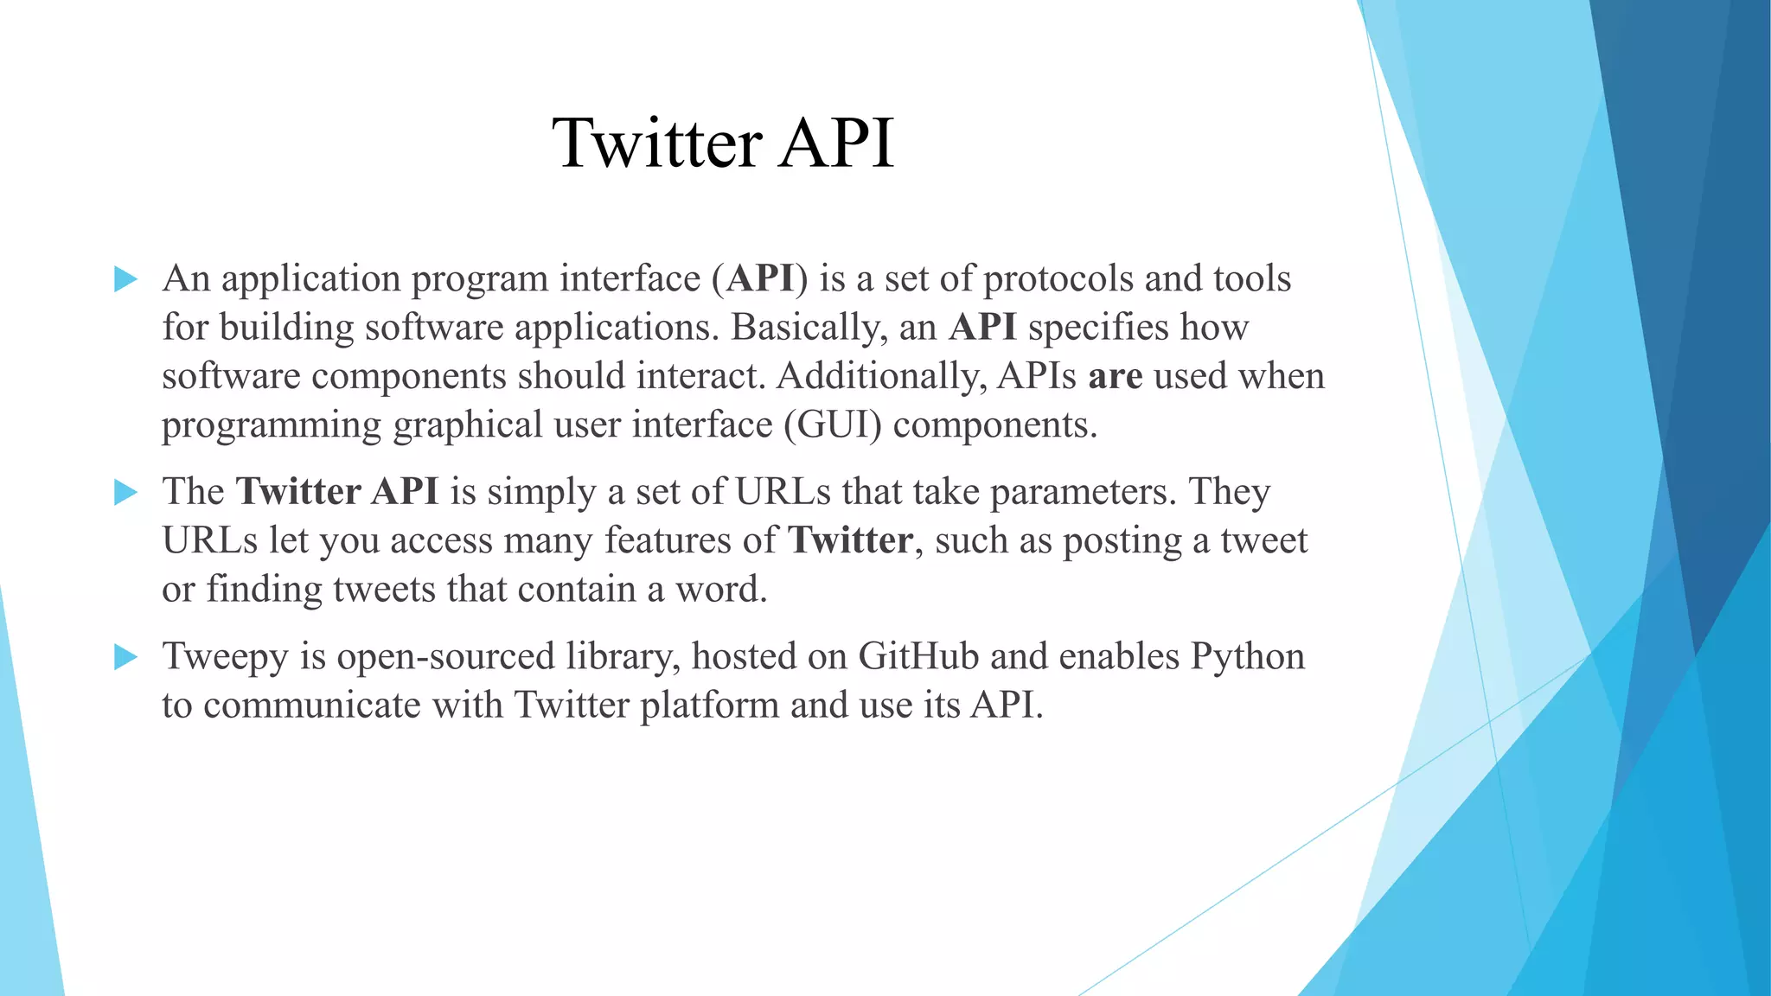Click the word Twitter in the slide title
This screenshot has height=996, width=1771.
pyautogui.click(x=657, y=144)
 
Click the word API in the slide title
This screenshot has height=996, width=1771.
pyautogui.click(x=835, y=144)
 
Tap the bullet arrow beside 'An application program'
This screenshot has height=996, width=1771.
pyautogui.click(x=125, y=279)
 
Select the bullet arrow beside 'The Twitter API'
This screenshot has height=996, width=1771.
pyautogui.click(x=125, y=493)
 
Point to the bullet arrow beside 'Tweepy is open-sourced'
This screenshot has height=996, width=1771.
pyautogui.click(x=125, y=657)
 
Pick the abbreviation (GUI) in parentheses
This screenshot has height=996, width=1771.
pyautogui.click(x=833, y=425)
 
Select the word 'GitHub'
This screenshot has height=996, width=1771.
pyautogui.click(x=917, y=656)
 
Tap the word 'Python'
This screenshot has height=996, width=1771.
pyautogui.click(x=1247, y=656)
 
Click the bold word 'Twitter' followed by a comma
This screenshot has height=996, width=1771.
pyautogui.click(x=851, y=541)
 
